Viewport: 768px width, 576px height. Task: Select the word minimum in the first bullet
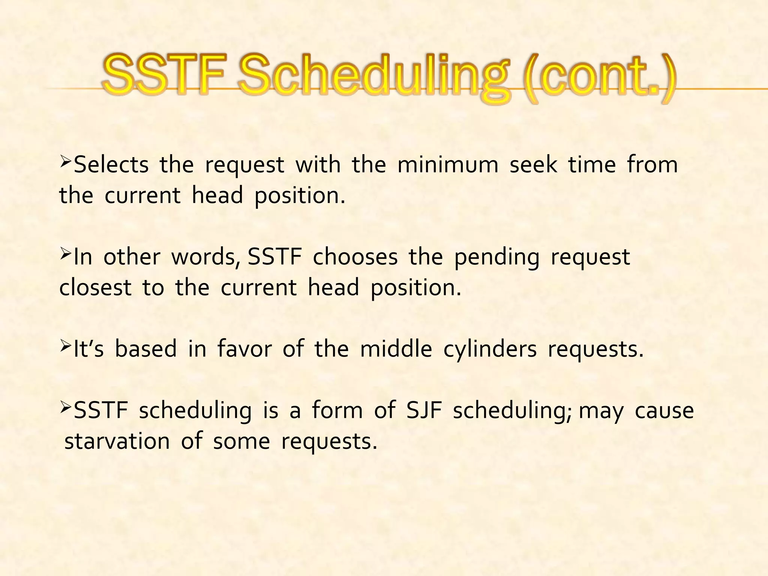click(448, 165)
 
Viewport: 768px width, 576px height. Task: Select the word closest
click(95, 288)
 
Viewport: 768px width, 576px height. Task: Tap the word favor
click(244, 349)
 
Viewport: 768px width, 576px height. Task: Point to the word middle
click(396, 349)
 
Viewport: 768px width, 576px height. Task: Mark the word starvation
click(117, 441)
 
